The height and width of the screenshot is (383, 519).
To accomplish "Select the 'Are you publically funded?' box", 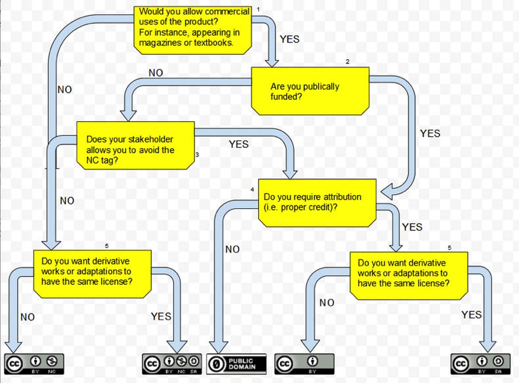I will [x=310, y=91].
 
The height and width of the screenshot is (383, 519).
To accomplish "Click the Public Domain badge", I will [x=236, y=364].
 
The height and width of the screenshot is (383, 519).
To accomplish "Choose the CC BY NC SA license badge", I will [x=172, y=364].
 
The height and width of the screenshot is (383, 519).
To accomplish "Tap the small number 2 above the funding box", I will [x=347, y=62].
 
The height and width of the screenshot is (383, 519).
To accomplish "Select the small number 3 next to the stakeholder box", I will [x=197, y=154].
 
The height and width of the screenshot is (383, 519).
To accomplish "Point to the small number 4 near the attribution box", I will [x=252, y=189].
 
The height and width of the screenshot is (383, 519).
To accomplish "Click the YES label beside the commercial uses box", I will [x=290, y=39].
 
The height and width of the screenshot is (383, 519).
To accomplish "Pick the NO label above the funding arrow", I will [x=156, y=73].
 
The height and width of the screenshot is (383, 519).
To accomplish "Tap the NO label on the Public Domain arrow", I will [x=232, y=249].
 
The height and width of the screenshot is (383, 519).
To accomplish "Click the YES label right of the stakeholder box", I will [x=238, y=144].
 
